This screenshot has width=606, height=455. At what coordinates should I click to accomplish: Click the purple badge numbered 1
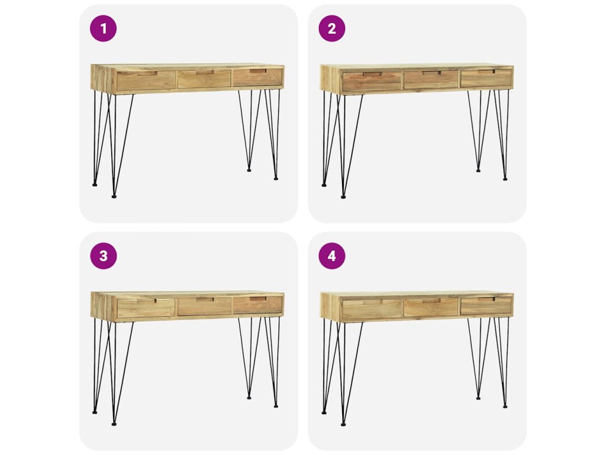click(x=103, y=28)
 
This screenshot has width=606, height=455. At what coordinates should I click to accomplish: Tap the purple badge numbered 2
click(x=332, y=28)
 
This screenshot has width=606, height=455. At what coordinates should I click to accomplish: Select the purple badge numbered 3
click(x=103, y=256)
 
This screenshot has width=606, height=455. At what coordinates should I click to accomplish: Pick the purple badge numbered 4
click(x=332, y=256)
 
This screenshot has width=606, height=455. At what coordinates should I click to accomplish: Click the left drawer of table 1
click(x=146, y=81)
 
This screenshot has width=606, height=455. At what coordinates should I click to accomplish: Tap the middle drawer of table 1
click(x=204, y=79)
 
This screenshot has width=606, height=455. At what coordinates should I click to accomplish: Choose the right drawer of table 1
click(x=257, y=78)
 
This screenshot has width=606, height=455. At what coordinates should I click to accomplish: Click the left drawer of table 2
click(x=372, y=82)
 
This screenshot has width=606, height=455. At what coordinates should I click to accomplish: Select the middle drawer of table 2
click(x=431, y=80)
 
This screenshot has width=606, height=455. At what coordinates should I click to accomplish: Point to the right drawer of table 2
click(x=486, y=78)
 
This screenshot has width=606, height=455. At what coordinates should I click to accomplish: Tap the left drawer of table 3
click(x=146, y=308)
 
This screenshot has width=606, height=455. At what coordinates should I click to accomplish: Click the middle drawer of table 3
click(x=204, y=306)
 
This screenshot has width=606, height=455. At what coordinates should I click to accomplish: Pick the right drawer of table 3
click(x=257, y=305)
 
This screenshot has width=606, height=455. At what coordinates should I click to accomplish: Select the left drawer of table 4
click(x=372, y=309)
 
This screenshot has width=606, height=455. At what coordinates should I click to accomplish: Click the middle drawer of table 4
click(x=431, y=307)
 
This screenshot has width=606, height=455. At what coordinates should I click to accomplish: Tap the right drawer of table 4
click(x=486, y=306)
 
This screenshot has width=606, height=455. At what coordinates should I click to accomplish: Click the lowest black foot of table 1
click(x=114, y=197)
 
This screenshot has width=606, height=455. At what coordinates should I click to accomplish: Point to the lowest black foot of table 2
click(x=343, y=197)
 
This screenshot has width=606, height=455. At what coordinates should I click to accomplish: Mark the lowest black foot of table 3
click(x=114, y=424)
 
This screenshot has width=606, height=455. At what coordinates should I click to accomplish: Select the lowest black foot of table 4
click(x=343, y=424)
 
